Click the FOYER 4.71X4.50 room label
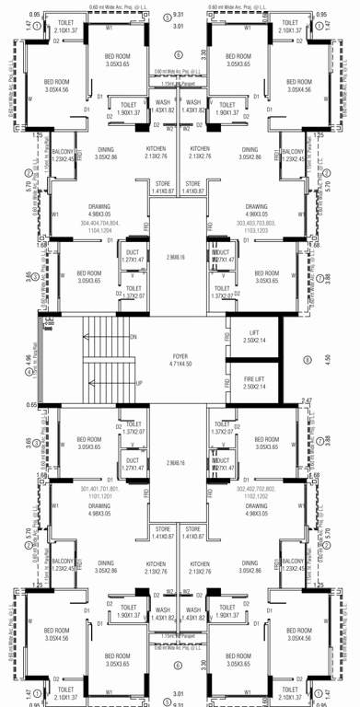[180, 359]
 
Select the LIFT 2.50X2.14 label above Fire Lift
[253, 336]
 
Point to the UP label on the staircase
[138, 383]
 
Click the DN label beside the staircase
[134, 337]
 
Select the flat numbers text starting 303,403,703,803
[257, 226]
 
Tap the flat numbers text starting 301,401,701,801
[101, 491]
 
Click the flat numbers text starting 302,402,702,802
[257, 491]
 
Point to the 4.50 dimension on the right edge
[327, 359]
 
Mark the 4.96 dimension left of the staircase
[29, 359]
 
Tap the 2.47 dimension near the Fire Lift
[307, 401]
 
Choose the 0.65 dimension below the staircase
[33, 404]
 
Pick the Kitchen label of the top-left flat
[157, 152]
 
